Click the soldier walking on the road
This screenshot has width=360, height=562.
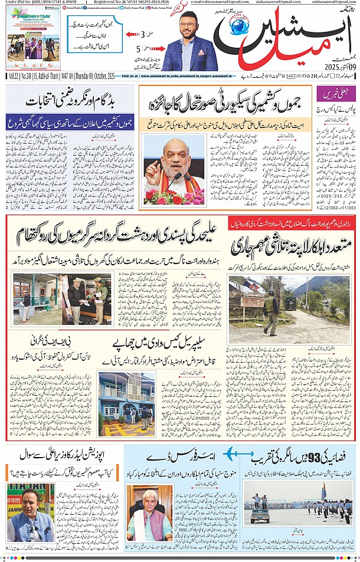click(271, 307)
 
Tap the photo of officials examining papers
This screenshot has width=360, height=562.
click(87, 298)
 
